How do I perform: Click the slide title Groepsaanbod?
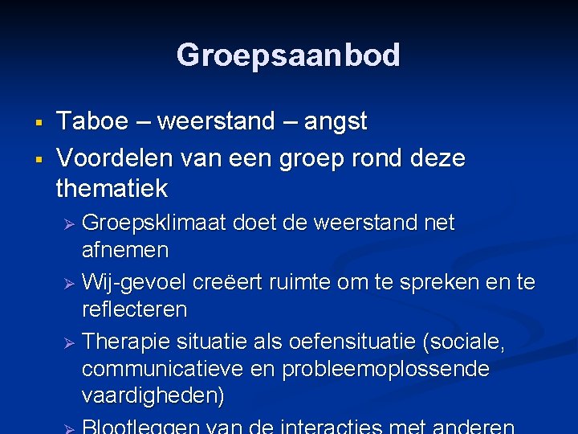[288, 55]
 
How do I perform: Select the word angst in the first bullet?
[335, 122]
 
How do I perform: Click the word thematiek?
[112, 189]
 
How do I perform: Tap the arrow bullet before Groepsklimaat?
[69, 223]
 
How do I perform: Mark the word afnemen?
[125, 250]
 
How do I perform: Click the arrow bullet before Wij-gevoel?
[69, 282]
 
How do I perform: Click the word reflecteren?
[134, 309]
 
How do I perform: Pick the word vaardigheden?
[153, 396]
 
